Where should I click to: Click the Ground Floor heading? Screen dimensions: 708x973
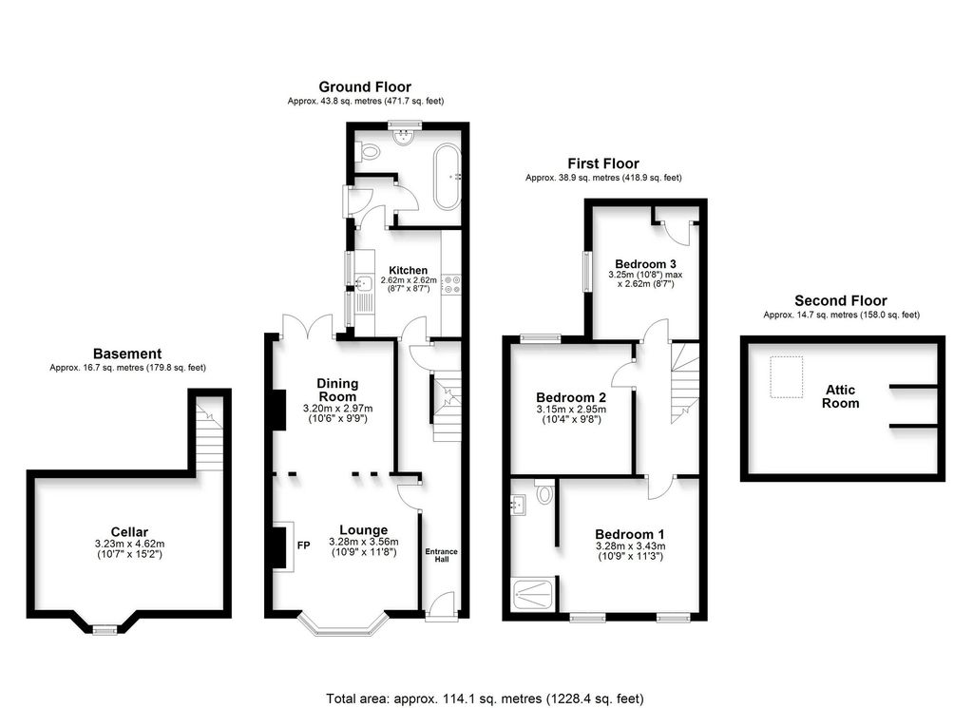coord(365,87)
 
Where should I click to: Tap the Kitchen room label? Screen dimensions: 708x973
coord(409,270)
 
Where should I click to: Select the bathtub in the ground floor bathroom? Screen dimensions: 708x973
coord(447,176)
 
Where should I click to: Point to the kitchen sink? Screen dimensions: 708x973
coord(362,282)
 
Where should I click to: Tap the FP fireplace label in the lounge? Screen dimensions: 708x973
coord(304,545)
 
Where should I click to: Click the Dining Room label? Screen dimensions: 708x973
coord(337,390)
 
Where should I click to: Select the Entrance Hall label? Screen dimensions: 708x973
coord(441,555)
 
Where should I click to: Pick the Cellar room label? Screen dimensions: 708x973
coord(129,532)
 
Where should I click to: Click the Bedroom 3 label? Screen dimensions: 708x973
coord(645,263)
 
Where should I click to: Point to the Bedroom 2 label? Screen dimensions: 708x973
coord(571,397)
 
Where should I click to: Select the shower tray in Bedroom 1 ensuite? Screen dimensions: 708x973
coord(534,594)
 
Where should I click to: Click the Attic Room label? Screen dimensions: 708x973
coord(841,396)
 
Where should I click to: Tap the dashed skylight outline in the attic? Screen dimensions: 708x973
coord(785,376)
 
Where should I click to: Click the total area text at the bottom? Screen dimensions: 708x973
coord(486,698)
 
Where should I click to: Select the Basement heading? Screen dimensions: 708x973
coord(127,354)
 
